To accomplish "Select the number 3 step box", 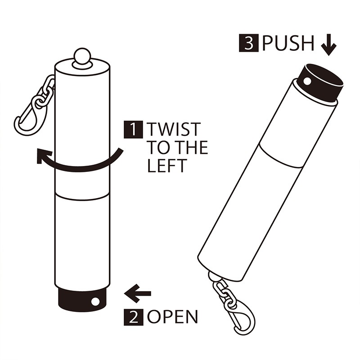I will [250, 44].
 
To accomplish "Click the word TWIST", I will [172, 130].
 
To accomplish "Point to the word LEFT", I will [166, 166].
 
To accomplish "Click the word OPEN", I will [172, 317].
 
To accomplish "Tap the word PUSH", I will [288, 44].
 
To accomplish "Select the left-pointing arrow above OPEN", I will [137, 294].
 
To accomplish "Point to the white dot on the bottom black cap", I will [95, 301].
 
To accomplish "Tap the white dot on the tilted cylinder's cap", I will [307, 81].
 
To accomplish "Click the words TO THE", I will [178, 148].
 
